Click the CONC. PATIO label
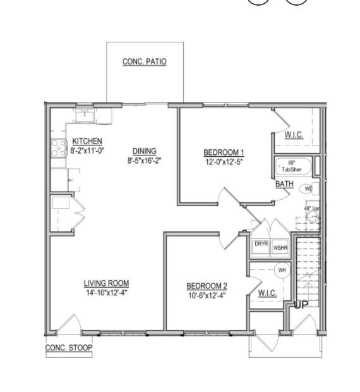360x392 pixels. point(144,61)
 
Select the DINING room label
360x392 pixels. point(144,150)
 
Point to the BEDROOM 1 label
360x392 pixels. point(223,152)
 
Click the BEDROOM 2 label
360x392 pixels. point(207,286)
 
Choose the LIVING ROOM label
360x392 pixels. point(106,283)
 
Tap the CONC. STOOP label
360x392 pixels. point(69,348)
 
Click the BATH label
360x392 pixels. point(284,184)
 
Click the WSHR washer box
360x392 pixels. point(279,247)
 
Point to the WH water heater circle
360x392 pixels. point(282,270)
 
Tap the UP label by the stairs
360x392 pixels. point(301,305)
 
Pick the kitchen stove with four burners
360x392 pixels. point(59,148)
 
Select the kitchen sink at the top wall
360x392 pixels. point(85,115)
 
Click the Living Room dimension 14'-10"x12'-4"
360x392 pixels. point(106,292)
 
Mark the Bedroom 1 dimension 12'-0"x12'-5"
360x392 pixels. point(223,161)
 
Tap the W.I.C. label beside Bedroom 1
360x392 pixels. point(294,135)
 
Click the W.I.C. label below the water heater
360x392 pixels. point(268,293)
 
